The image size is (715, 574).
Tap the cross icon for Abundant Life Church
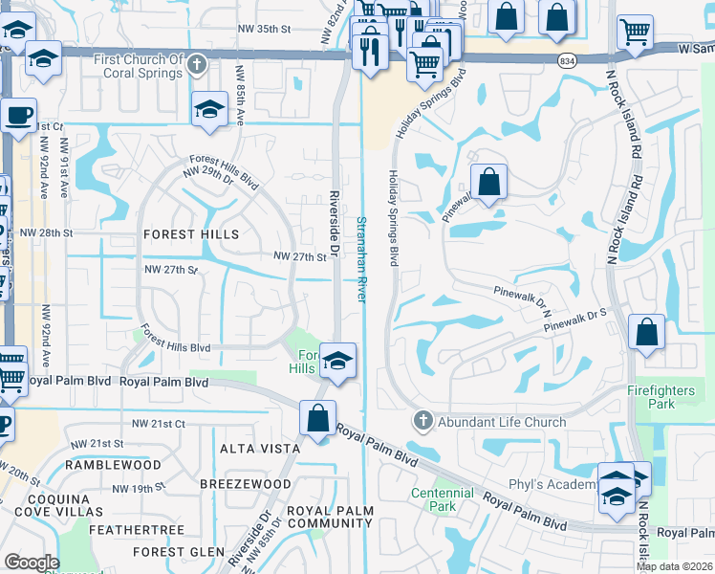(423, 421)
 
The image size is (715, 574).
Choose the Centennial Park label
(443, 498)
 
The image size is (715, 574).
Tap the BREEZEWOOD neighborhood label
(245, 484)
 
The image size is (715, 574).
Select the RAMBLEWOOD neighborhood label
(113, 465)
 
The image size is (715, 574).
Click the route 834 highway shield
(568, 59)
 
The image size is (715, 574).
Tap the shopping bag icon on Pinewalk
(488, 182)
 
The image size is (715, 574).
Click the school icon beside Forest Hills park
(336, 362)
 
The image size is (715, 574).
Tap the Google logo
(32, 563)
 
